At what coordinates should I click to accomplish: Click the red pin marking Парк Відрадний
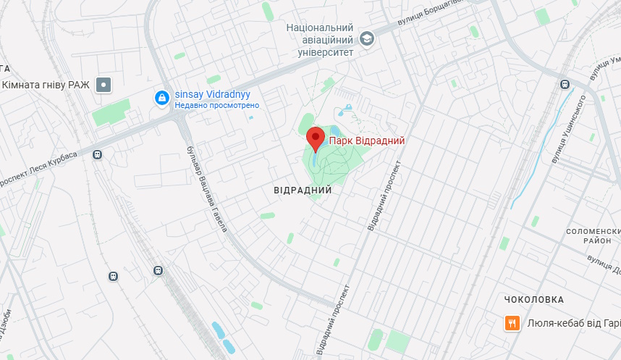point(316,137)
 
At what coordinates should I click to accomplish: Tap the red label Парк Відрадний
point(367,141)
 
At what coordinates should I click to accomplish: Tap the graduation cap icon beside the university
point(367,38)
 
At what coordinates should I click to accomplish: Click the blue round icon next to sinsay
point(162,96)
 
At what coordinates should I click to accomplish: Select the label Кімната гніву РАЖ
point(46,85)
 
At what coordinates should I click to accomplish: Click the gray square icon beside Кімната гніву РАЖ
point(105,85)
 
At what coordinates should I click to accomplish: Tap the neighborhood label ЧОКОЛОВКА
point(534,299)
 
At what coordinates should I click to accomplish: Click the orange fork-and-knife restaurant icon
point(512,323)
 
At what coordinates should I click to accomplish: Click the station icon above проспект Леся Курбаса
point(97,154)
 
